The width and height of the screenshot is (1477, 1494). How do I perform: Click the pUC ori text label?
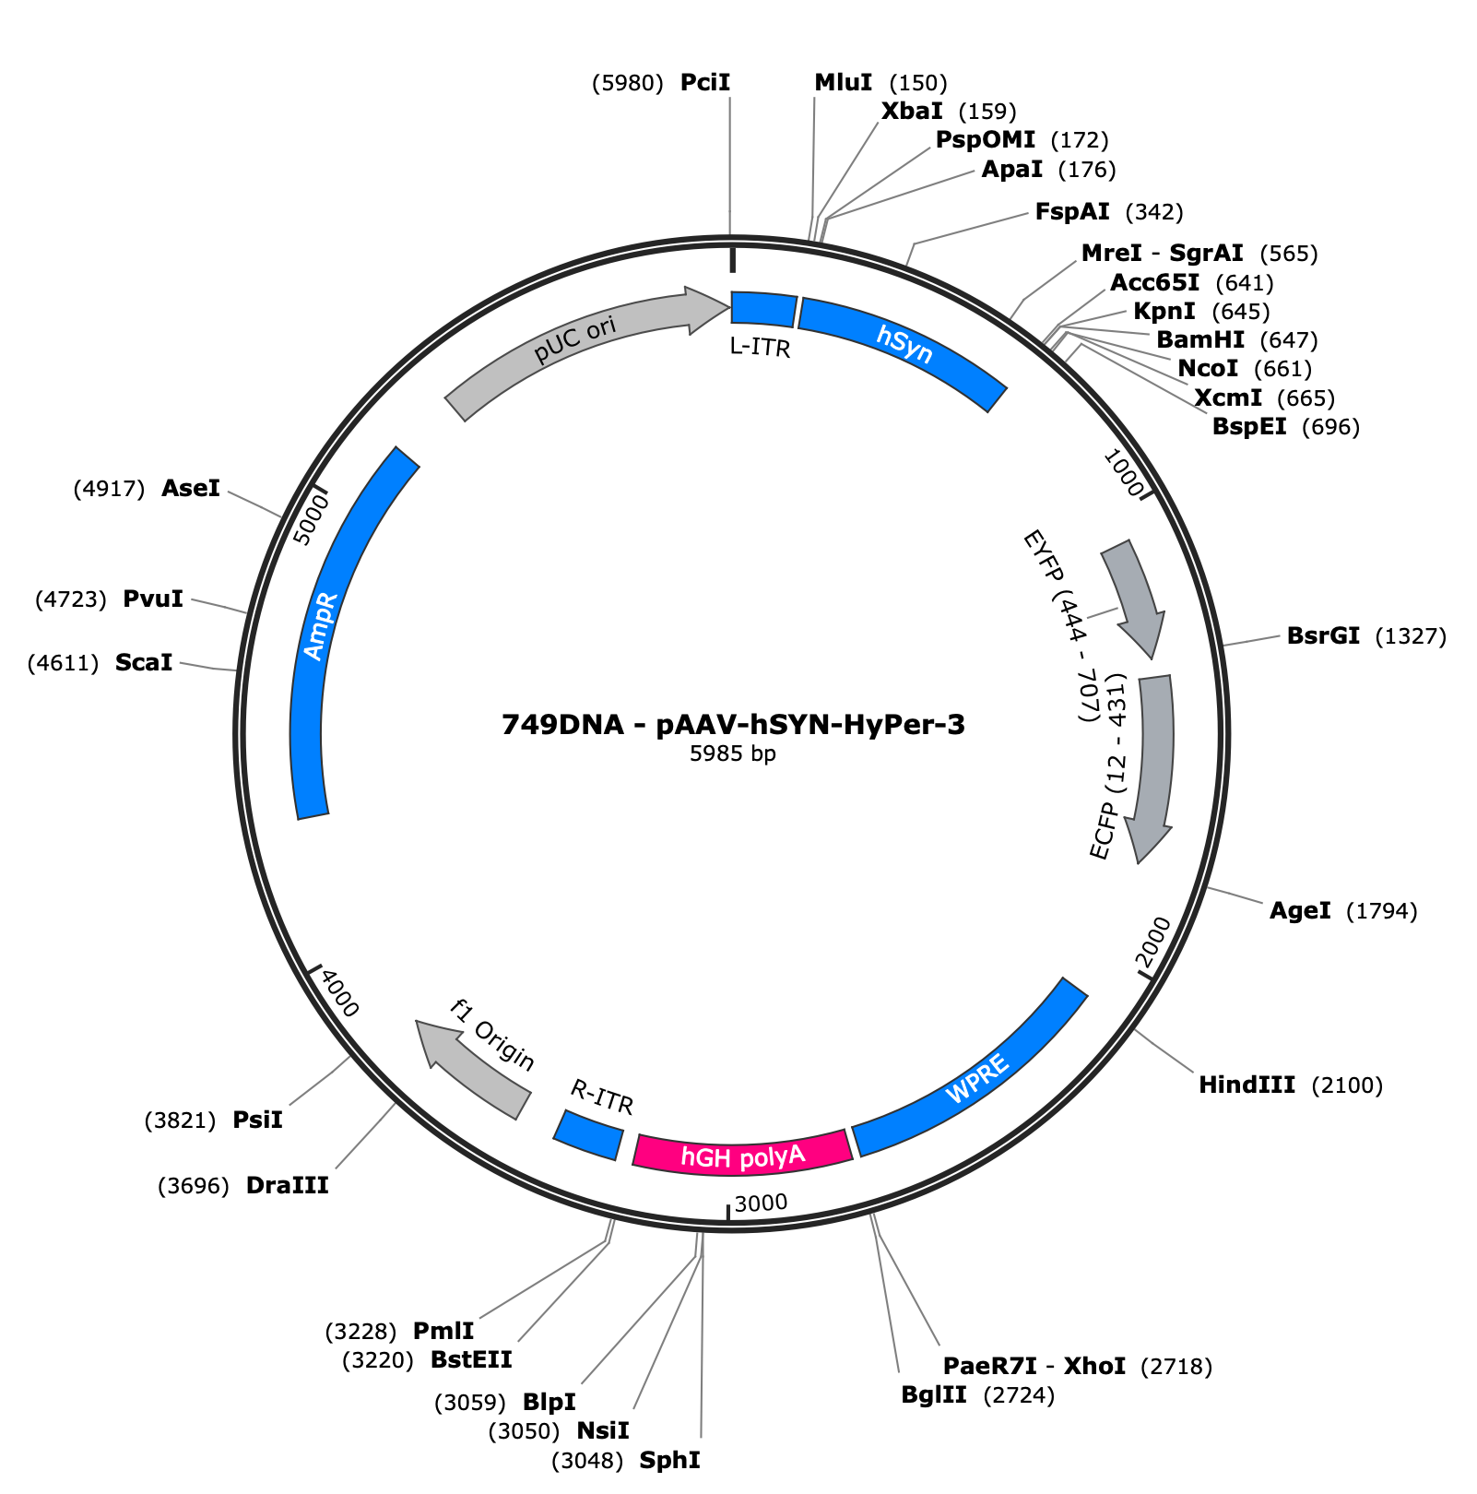575,338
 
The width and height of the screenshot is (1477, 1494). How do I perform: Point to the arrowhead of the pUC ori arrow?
708,309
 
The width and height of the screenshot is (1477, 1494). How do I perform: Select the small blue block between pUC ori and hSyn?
762,309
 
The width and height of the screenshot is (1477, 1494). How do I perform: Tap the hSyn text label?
904,344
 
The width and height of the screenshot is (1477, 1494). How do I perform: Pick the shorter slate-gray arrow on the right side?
1132,590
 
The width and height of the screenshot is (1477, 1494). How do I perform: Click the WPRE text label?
977,1079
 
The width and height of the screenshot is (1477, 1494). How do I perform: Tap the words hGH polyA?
743,1156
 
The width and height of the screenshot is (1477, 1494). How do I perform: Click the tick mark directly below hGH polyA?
728,1212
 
